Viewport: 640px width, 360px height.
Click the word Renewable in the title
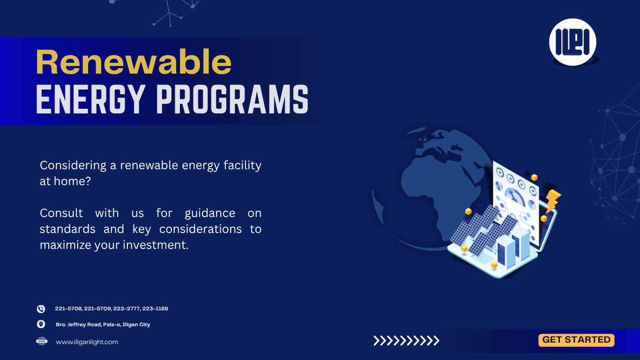point(134,62)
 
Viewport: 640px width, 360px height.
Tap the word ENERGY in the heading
point(89,99)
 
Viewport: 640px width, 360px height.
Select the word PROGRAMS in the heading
point(232,99)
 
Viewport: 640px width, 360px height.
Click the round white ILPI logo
point(573,42)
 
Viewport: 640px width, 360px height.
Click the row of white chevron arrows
point(406,341)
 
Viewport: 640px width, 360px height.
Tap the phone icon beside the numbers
point(41,309)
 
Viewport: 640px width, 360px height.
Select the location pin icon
point(41,324)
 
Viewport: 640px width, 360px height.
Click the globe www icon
point(42,341)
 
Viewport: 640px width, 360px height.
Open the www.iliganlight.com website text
point(87,342)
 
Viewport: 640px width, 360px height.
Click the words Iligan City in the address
point(136,324)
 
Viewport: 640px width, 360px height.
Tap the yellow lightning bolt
point(553,201)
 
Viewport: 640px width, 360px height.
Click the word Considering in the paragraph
point(73,165)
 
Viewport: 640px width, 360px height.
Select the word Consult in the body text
point(61,213)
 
